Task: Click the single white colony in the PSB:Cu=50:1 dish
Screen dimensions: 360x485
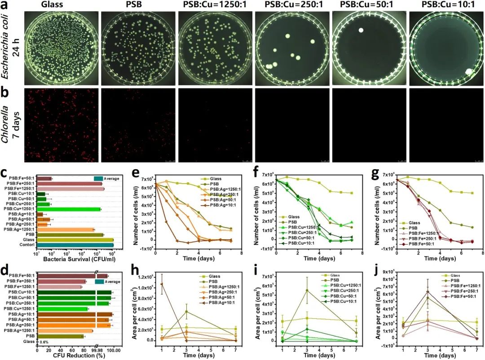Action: coord(361,31)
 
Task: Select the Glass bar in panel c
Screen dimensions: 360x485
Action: coord(75,240)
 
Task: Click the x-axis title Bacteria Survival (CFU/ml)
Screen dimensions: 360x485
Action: coord(74,259)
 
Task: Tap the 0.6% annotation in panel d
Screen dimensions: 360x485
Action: coord(44,342)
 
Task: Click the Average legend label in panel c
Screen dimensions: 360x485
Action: coord(111,179)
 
